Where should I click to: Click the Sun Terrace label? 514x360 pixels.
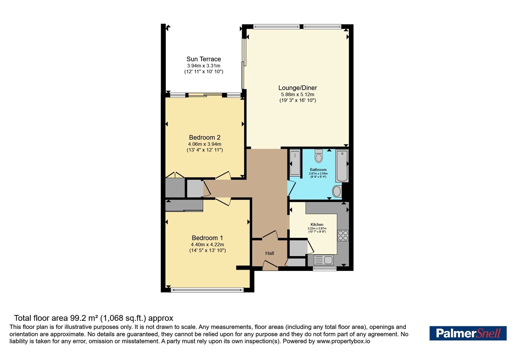pos(204,59)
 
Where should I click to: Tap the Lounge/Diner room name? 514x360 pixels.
pos(297,88)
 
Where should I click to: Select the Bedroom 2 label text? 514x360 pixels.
pos(204,137)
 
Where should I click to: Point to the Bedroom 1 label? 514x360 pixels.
pos(207,238)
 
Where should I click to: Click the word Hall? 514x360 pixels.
pos(270,253)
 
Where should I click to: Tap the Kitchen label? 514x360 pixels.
pos(317,225)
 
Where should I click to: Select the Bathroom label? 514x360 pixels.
pos(318,170)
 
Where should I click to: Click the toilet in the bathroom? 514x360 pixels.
pos(318,156)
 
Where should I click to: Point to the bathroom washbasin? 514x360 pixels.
pos(337,191)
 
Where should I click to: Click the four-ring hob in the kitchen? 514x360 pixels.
pos(343,236)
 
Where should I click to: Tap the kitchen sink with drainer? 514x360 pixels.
pos(323,260)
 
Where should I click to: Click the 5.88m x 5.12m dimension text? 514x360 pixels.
pos(297,94)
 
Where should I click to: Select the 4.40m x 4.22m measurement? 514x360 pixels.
pos(208,245)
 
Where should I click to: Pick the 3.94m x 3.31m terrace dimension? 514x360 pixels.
pos(204,66)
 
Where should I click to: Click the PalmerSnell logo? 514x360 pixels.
pos(468,333)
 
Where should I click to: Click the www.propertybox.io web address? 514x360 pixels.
pos(343,341)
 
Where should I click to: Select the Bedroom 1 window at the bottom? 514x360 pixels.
pos(207,290)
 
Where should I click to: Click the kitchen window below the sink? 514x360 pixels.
pos(324,269)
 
